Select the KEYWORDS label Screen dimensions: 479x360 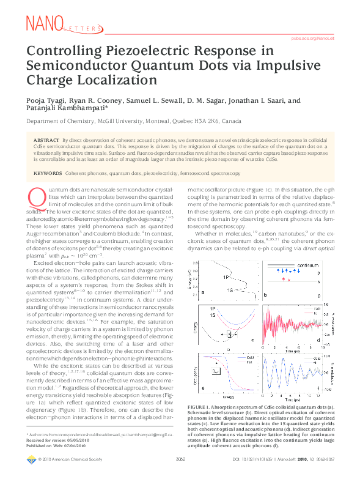click(50, 174)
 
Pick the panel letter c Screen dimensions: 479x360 click(252, 340)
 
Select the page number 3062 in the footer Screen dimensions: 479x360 click(180, 475)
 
